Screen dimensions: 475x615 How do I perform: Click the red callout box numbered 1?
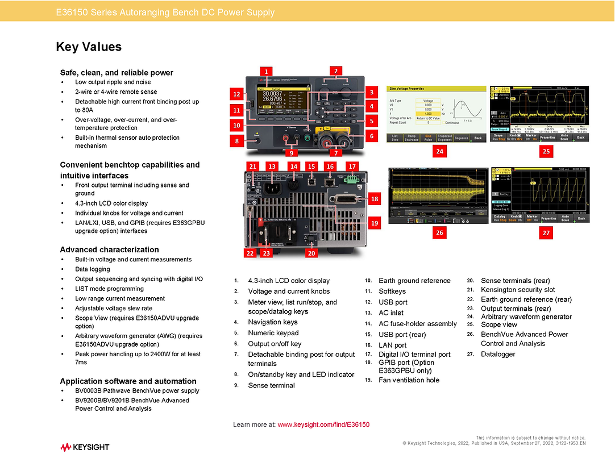point(265,71)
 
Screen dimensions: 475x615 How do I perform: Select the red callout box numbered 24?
point(439,151)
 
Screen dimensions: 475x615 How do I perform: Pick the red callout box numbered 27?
point(546,232)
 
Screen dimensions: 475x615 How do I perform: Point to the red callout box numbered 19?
point(375,223)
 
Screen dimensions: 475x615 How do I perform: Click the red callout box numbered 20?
point(311,253)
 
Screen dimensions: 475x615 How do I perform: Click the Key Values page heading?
point(89,47)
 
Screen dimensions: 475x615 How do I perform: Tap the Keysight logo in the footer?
point(85,447)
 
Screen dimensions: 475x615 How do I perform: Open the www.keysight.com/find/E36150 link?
point(323,424)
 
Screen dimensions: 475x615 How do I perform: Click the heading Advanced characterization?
point(109,249)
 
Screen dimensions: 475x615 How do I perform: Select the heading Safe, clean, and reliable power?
point(117,72)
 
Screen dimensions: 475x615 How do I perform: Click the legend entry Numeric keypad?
point(273,333)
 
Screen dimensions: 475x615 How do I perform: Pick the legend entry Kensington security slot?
point(518,290)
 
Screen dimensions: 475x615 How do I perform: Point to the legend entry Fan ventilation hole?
point(409,380)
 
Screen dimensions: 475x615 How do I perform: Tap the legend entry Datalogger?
point(498,354)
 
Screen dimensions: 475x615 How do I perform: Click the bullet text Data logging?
point(93,269)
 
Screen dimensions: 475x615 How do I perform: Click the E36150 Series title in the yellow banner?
point(165,12)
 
